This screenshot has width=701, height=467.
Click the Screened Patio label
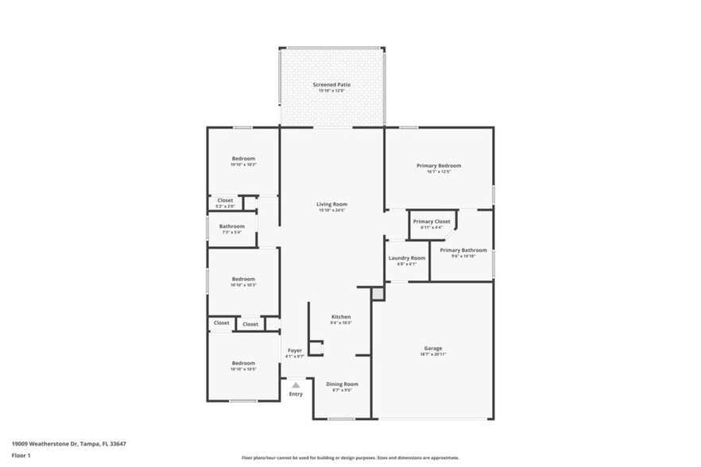(331, 84)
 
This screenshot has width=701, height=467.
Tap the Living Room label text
(331, 204)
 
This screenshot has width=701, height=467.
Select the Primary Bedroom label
(439, 165)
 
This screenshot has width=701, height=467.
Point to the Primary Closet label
(432, 222)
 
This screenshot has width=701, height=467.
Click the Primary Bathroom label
(463, 250)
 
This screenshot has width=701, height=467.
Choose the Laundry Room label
(406, 258)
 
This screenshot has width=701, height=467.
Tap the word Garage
(432, 348)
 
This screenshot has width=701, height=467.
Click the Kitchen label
(341, 317)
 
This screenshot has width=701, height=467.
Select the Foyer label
(294, 350)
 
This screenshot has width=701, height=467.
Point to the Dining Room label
(342, 384)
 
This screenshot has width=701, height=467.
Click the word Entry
(296, 394)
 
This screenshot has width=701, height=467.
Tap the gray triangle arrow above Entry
(296, 384)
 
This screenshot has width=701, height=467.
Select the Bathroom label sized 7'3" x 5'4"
(232, 226)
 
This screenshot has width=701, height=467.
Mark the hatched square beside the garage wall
(378, 294)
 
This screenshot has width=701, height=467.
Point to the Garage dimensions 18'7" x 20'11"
(432, 354)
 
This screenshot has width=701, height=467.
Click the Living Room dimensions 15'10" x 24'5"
(331, 210)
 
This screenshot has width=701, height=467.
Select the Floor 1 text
(21, 455)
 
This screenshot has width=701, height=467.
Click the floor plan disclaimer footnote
(350, 457)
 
